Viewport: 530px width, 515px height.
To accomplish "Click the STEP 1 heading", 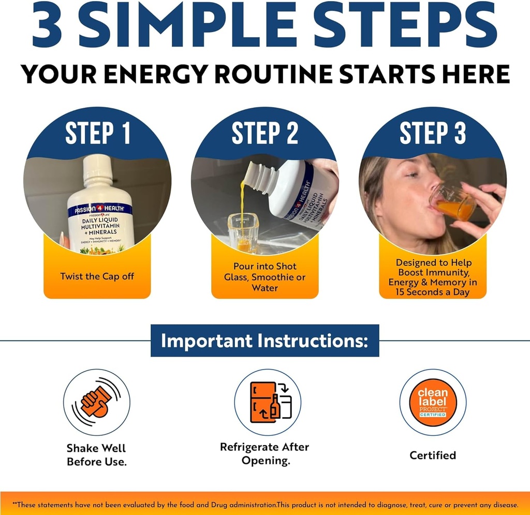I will (97, 134).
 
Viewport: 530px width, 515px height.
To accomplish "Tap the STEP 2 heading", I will (265, 134).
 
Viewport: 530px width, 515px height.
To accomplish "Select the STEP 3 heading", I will (433, 134).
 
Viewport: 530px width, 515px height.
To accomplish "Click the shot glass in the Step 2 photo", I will (243, 233).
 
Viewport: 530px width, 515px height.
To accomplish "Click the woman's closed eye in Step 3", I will (413, 174).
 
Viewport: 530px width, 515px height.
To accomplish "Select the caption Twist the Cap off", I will (97, 276).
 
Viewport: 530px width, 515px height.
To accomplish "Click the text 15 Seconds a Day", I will (433, 292).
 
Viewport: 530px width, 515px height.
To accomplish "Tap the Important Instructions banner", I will (264, 341).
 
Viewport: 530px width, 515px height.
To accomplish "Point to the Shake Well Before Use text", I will (97, 454).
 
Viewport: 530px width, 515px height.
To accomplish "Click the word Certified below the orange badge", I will (433, 455).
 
